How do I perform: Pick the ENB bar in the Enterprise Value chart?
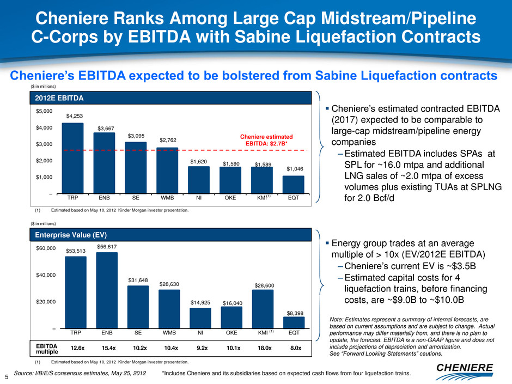pos(107,290)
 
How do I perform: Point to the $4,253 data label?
pos(75,116)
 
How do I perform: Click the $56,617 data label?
pos(107,246)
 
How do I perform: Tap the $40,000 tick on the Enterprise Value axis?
pos(44,275)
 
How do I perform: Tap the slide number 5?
pos(6,376)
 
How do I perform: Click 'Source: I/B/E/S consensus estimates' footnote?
pos(78,373)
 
